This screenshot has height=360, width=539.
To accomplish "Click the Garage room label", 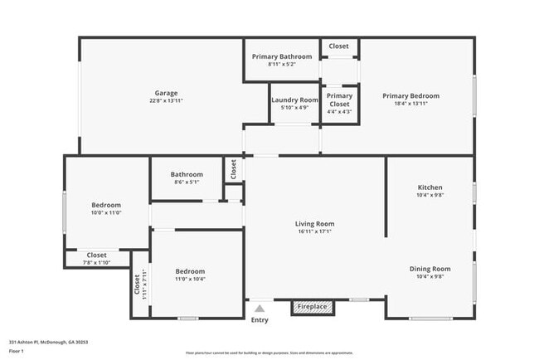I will [166, 93].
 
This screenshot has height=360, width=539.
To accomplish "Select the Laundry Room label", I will [294, 100].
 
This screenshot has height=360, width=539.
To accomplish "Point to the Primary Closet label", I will [339, 100].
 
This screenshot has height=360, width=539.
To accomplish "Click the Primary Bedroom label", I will [410, 95].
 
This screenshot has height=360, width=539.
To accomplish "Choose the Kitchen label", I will [430, 188].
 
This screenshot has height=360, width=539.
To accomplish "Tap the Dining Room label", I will [430, 269].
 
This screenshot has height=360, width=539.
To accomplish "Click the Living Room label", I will [314, 224].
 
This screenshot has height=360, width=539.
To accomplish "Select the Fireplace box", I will [313, 308].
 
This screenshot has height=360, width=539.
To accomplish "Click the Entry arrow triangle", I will [260, 308].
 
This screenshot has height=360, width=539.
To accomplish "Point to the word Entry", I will [260, 320].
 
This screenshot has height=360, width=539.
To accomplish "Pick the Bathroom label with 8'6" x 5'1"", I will [187, 175].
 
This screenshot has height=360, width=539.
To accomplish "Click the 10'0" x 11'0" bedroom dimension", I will [106, 213].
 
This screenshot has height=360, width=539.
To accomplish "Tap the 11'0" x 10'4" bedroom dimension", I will [190, 280].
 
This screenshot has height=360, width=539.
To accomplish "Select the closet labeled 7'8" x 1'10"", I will [96, 259].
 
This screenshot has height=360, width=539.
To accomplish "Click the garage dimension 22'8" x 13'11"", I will [166, 100].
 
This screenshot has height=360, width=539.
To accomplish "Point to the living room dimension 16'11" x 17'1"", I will [314, 231].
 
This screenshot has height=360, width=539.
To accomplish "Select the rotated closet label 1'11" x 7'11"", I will [141, 285].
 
